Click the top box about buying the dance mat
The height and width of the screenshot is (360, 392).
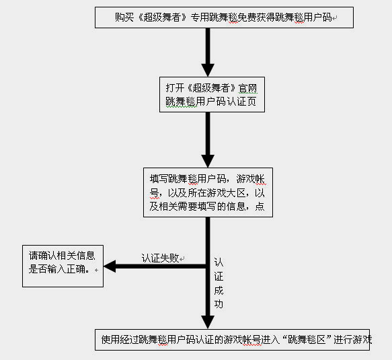pos(224,17)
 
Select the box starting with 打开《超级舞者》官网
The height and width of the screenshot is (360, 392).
pos(212,95)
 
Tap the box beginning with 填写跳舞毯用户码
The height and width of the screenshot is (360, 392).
pos(208,192)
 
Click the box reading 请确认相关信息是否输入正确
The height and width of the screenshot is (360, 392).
pos(63,266)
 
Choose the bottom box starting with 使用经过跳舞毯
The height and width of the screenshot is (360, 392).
pos(232,340)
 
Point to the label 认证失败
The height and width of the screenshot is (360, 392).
pos(160,258)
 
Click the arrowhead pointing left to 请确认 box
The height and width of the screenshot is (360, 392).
pos(110,266)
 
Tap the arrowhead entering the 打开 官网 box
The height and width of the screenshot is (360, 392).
pos(208,70)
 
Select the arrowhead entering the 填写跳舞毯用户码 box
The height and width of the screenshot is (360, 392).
pos(208,161)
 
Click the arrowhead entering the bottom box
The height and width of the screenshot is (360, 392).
pos(208,322)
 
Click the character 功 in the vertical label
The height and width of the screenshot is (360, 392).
pos(219,304)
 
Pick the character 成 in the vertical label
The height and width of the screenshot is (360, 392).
pos(219,290)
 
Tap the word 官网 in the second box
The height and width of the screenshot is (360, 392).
pos(247,88)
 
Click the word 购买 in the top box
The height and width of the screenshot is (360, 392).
pos(124,17)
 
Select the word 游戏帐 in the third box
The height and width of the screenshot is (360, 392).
pos(250,179)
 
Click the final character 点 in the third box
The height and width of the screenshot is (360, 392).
pos(260,207)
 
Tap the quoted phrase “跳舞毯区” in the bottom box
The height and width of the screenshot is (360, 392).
pos(307,340)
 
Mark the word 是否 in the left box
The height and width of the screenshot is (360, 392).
pos(38,269)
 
